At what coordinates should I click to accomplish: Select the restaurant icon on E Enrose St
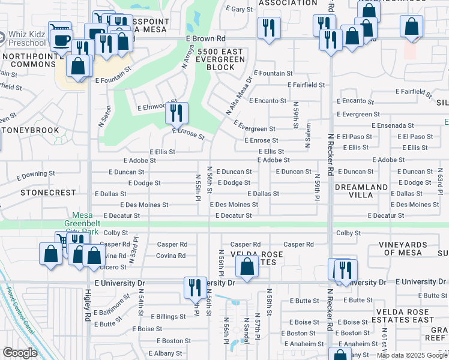tap(176, 112)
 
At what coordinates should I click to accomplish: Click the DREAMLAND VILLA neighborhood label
tap(361, 191)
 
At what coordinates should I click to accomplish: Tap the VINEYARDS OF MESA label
tap(411, 249)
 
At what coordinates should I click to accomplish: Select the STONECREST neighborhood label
tap(48, 193)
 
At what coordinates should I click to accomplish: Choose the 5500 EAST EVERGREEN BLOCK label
tap(220, 59)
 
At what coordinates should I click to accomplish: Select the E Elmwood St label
tap(155, 108)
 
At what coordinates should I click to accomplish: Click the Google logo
tap(20, 353)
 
